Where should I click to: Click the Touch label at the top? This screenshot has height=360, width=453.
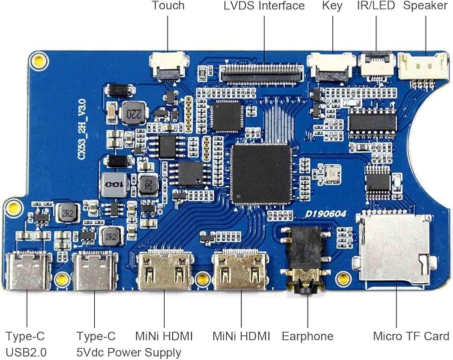click(x=168, y=5)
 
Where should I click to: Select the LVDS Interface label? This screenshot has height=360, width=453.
click(x=264, y=5)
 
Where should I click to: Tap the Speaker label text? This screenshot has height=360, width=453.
click(x=425, y=6)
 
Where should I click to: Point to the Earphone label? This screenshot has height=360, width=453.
click(x=308, y=336)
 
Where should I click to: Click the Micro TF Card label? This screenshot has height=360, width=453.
click(x=411, y=336)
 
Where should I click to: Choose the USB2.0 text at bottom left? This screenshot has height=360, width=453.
click(x=26, y=352)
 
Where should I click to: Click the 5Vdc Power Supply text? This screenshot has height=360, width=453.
click(x=129, y=353)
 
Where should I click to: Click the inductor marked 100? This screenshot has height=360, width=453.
click(x=114, y=185)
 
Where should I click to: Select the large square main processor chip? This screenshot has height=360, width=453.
click(x=261, y=174)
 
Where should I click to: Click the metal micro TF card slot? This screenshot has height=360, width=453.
click(x=394, y=248)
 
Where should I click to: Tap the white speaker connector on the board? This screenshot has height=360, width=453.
click(x=423, y=67)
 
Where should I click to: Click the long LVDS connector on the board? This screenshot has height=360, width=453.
click(x=262, y=73)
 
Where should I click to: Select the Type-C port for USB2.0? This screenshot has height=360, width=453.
click(x=27, y=271)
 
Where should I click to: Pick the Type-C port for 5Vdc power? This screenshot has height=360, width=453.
click(x=95, y=271)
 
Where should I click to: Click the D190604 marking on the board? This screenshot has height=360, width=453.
click(x=326, y=214)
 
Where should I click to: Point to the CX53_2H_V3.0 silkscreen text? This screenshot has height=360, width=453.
click(x=82, y=129)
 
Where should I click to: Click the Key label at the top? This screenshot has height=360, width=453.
click(x=332, y=6)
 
